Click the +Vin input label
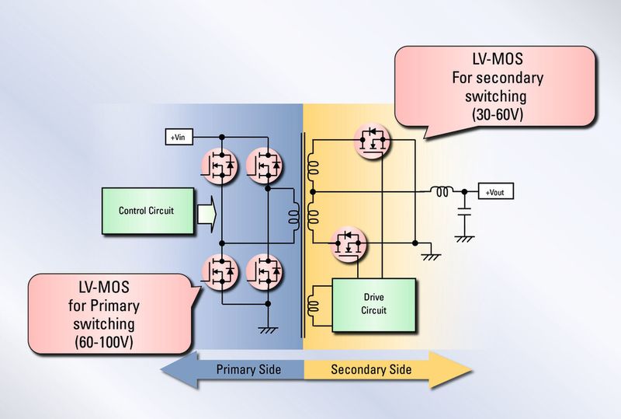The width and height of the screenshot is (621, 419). click(x=178, y=138)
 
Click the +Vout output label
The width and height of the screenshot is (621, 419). click(x=494, y=192)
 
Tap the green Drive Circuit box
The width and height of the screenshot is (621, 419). click(x=373, y=304)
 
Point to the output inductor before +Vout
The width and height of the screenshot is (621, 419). click(x=443, y=191)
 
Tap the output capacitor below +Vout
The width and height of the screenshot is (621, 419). click(x=464, y=211)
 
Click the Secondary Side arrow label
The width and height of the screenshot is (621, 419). click(x=371, y=368)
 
